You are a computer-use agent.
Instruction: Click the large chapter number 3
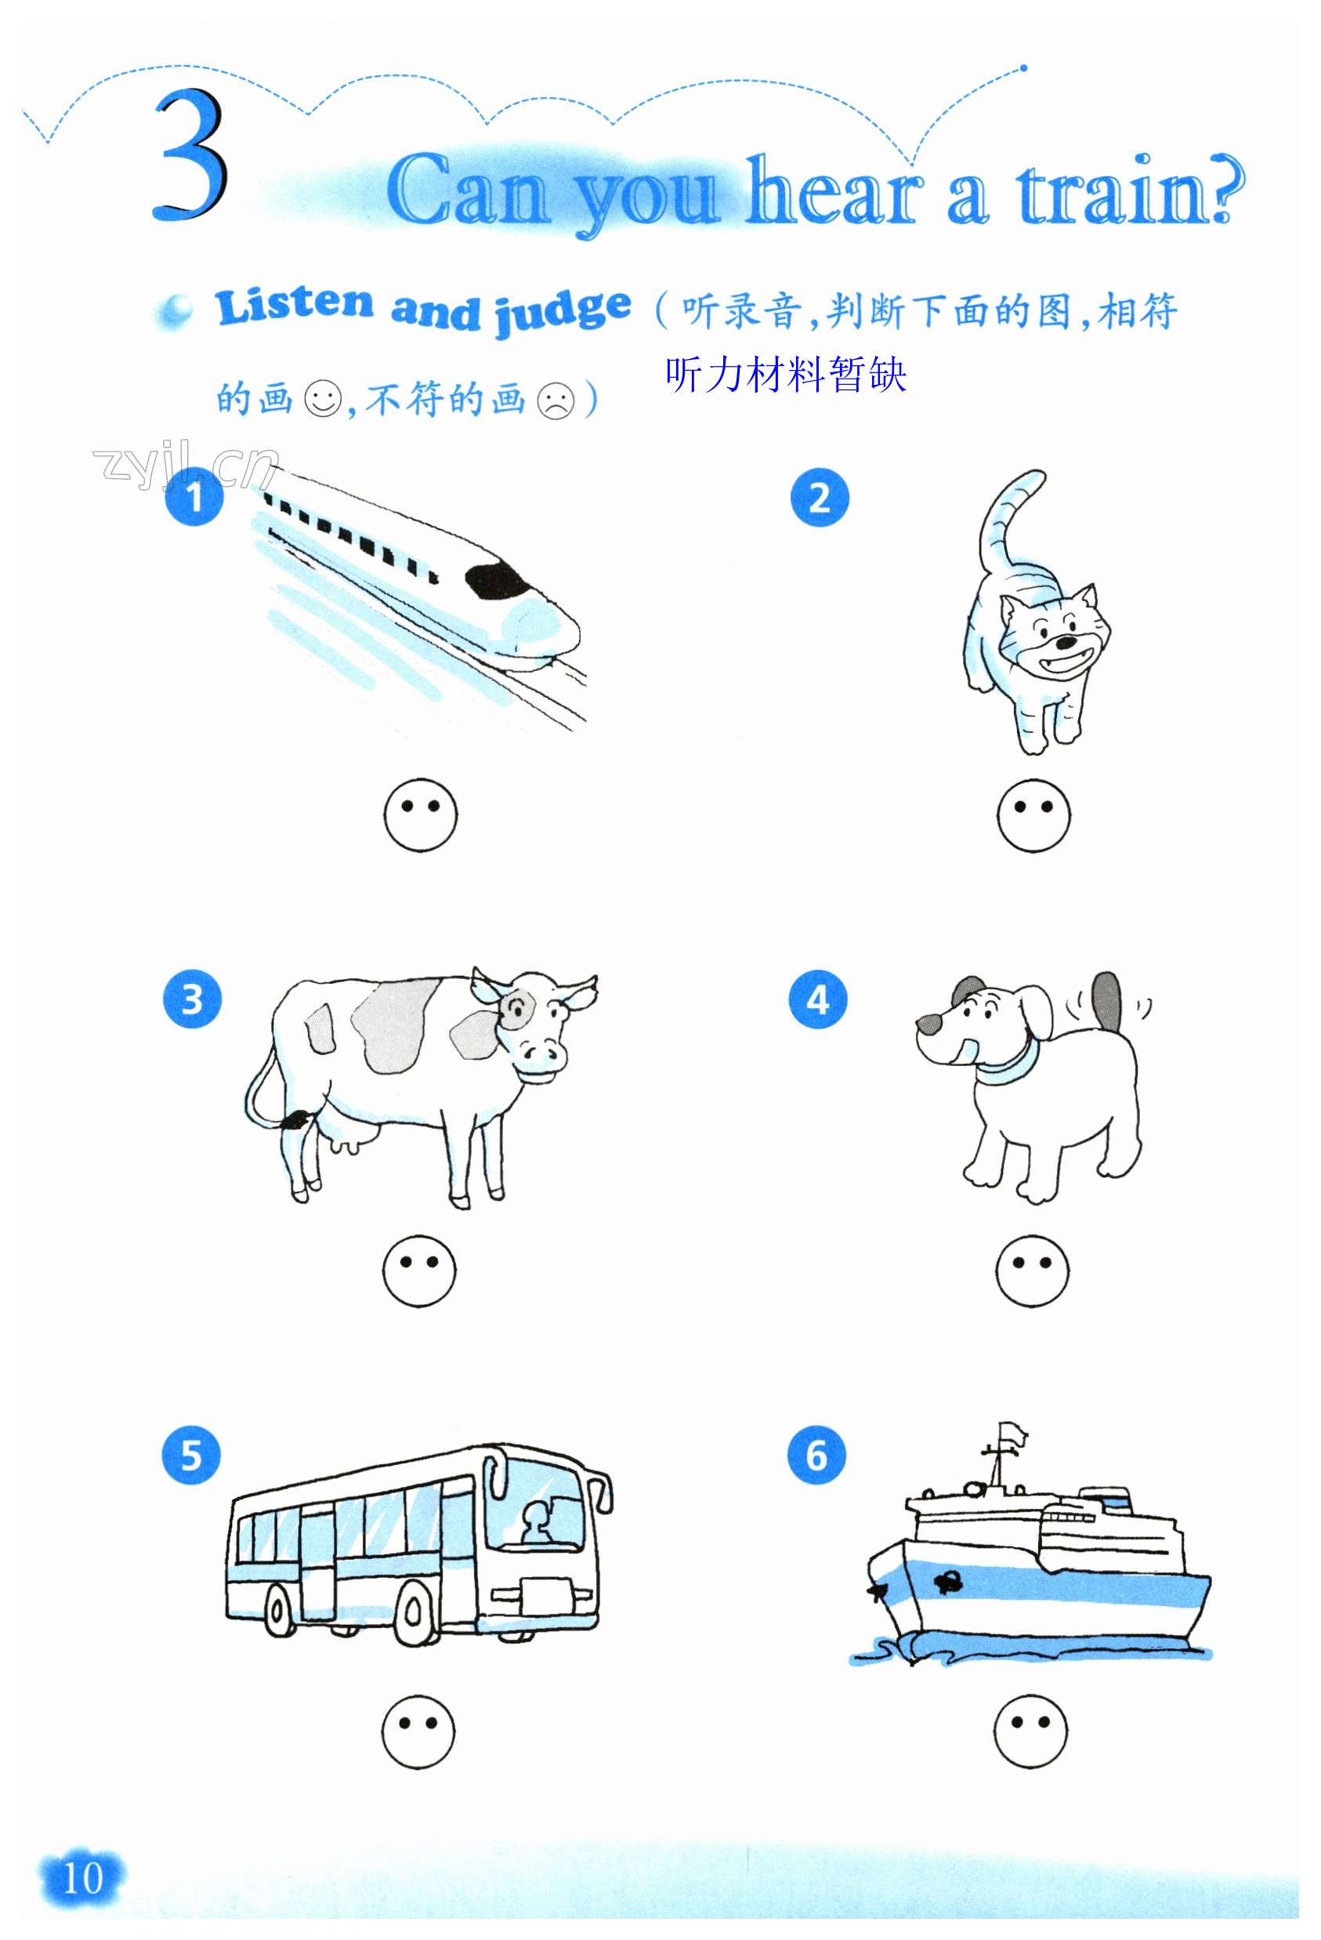point(190,156)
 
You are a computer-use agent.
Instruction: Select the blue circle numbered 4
point(818,999)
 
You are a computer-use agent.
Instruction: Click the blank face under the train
point(421,815)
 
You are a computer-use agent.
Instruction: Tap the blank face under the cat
point(1033,815)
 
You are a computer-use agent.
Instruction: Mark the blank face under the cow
point(419,1271)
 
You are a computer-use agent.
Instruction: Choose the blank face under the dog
point(1031,1271)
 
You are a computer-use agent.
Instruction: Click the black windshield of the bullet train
point(497,579)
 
